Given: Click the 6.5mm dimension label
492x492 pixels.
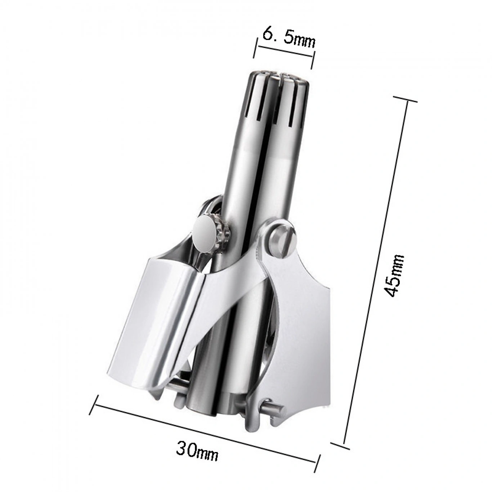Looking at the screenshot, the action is (x=289, y=38).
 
